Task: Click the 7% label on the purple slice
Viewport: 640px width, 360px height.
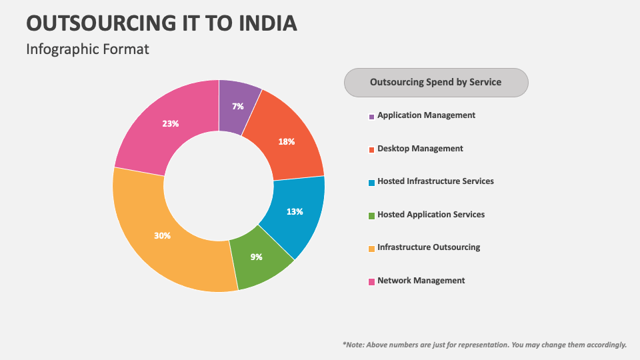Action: pos(237,107)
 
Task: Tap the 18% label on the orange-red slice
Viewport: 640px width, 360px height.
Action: pos(287,141)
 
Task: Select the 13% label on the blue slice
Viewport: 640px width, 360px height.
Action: pos(295,211)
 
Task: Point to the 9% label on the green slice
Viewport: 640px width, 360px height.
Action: pos(256,257)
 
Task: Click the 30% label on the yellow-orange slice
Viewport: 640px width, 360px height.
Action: pos(162,235)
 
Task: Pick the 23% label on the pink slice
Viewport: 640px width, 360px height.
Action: pos(170,123)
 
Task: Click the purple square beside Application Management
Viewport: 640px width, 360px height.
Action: pos(371,117)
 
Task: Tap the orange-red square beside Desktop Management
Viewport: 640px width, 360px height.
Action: pos(371,149)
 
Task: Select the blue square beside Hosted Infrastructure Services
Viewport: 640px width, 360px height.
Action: pos(371,183)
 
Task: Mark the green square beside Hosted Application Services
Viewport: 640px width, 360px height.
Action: pos(371,215)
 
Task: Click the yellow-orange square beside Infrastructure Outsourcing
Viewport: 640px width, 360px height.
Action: pos(371,249)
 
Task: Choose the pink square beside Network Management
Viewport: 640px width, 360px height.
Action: pos(371,281)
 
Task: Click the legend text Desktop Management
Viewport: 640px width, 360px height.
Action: pos(420,148)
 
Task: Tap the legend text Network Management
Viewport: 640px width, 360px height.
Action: pos(421,280)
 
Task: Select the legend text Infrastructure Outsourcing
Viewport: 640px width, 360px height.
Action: pos(429,247)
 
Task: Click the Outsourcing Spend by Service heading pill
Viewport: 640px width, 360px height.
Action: pos(436,83)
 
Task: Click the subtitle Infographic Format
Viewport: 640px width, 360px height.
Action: pos(87,49)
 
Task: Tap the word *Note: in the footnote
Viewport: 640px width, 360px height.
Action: pos(353,345)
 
